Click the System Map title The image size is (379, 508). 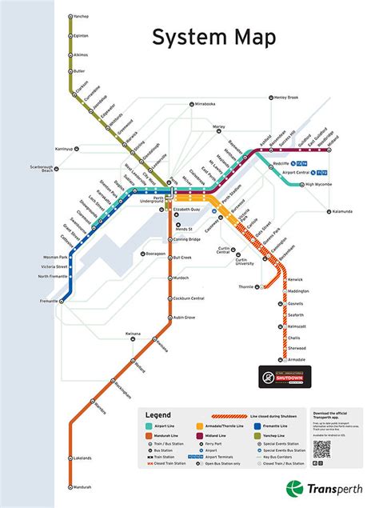[215, 38]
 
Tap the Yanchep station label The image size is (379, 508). [81, 16]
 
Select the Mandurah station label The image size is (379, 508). [81, 486]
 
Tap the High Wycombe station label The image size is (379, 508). [320, 185]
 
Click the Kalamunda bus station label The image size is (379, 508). [342, 212]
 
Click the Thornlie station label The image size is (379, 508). [245, 286]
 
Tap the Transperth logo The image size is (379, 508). [324, 489]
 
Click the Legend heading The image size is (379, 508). [158, 414]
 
